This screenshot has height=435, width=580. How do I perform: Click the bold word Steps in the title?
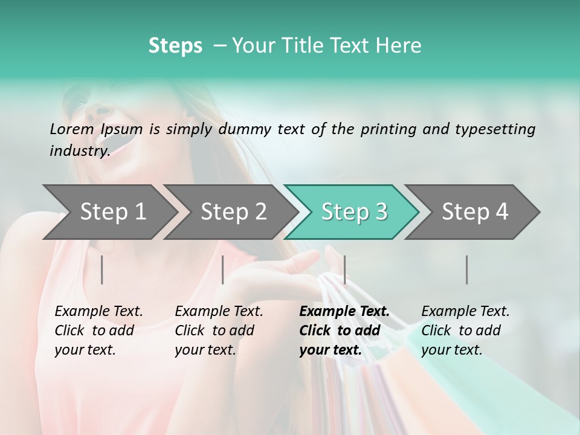click(175, 46)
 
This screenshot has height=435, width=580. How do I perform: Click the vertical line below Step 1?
click(101, 269)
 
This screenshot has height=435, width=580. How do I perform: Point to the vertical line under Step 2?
click(223, 269)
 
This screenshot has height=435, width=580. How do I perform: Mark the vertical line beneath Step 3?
click(344, 269)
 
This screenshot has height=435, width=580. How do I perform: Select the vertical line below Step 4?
click(466, 269)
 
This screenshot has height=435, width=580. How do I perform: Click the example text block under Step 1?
click(98, 330)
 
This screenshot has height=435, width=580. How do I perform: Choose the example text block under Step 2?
click(219, 330)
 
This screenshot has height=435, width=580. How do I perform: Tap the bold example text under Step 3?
click(344, 330)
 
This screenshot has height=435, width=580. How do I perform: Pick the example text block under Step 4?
click(465, 330)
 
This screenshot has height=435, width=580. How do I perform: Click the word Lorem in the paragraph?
click(72, 129)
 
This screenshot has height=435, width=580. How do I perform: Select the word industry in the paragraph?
click(79, 151)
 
